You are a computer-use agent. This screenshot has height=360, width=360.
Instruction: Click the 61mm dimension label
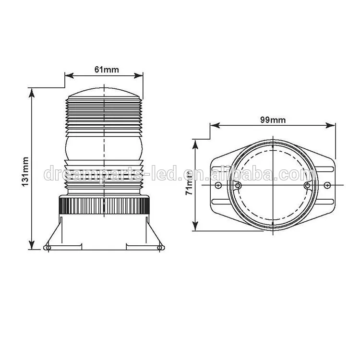107,70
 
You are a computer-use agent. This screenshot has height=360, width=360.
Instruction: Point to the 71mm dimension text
190,182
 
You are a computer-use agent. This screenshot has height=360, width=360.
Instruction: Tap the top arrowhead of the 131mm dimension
32,91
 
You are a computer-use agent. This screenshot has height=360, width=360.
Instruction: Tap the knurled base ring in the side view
104,206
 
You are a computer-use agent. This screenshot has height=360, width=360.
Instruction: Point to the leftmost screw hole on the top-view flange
218,185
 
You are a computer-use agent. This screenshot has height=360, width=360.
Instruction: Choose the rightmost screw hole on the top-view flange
327,185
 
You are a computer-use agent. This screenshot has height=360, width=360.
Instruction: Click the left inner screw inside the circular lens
239,185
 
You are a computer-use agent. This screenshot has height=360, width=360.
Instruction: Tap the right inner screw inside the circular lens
307,185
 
